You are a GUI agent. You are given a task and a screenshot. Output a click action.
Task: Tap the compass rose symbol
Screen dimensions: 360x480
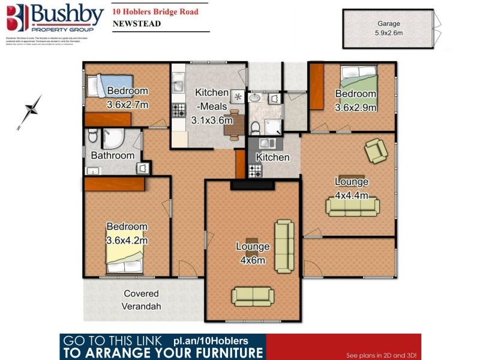coord(29,112)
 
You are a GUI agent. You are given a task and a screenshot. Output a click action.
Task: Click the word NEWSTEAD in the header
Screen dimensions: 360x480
coord(135,24)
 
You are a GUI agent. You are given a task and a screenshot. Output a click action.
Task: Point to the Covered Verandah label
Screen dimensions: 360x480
coord(142,300)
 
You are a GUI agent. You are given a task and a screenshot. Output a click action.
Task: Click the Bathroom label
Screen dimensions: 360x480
coord(113,155)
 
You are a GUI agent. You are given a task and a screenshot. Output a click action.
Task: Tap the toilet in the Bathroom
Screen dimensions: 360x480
coord(92,137)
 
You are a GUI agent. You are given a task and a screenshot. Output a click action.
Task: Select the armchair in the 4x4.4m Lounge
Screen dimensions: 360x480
coord(376,150)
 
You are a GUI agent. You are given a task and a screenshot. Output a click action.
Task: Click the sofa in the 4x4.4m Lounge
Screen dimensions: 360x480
coord(353,206)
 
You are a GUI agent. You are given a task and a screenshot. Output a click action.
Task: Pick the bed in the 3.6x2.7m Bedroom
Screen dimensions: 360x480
coord(106,86)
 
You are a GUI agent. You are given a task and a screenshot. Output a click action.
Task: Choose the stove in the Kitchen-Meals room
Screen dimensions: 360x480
coord(179,110)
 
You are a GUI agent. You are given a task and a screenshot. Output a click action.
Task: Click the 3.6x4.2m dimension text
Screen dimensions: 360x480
coord(127,240)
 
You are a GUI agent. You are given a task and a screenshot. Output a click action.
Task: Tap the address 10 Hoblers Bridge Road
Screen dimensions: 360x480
coord(155,11)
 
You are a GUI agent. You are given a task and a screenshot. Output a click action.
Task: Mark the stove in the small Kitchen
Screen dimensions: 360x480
coord(256,170)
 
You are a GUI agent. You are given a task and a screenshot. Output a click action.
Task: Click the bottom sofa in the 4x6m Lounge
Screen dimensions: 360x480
coord(252,295)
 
